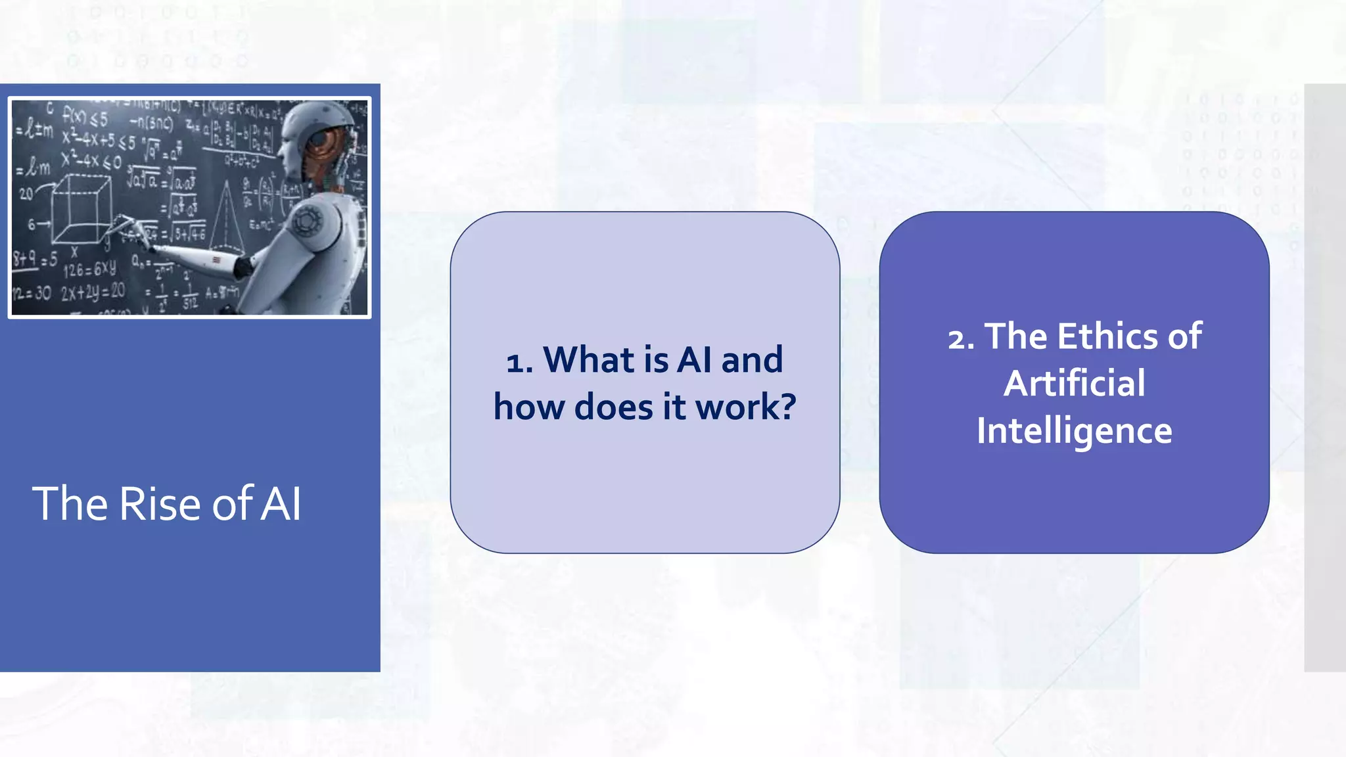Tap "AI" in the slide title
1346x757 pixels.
pyautogui.click(x=281, y=504)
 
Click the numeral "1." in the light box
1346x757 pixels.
pyautogui.click(x=519, y=361)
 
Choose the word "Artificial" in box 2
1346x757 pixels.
pyautogui.click(x=1074, y=383)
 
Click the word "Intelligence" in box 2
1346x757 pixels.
pyautogui.click(x=1074, y=431)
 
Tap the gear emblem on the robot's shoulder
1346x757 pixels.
pyautogui.click(x=306, y=220)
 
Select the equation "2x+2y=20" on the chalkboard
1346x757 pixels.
pyautogui.click(x=93, y=292)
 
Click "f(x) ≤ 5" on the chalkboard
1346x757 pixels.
pyautogui.click(x=85, y=118)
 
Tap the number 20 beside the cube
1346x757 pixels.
pyautogui.click(x=26, y=193)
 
